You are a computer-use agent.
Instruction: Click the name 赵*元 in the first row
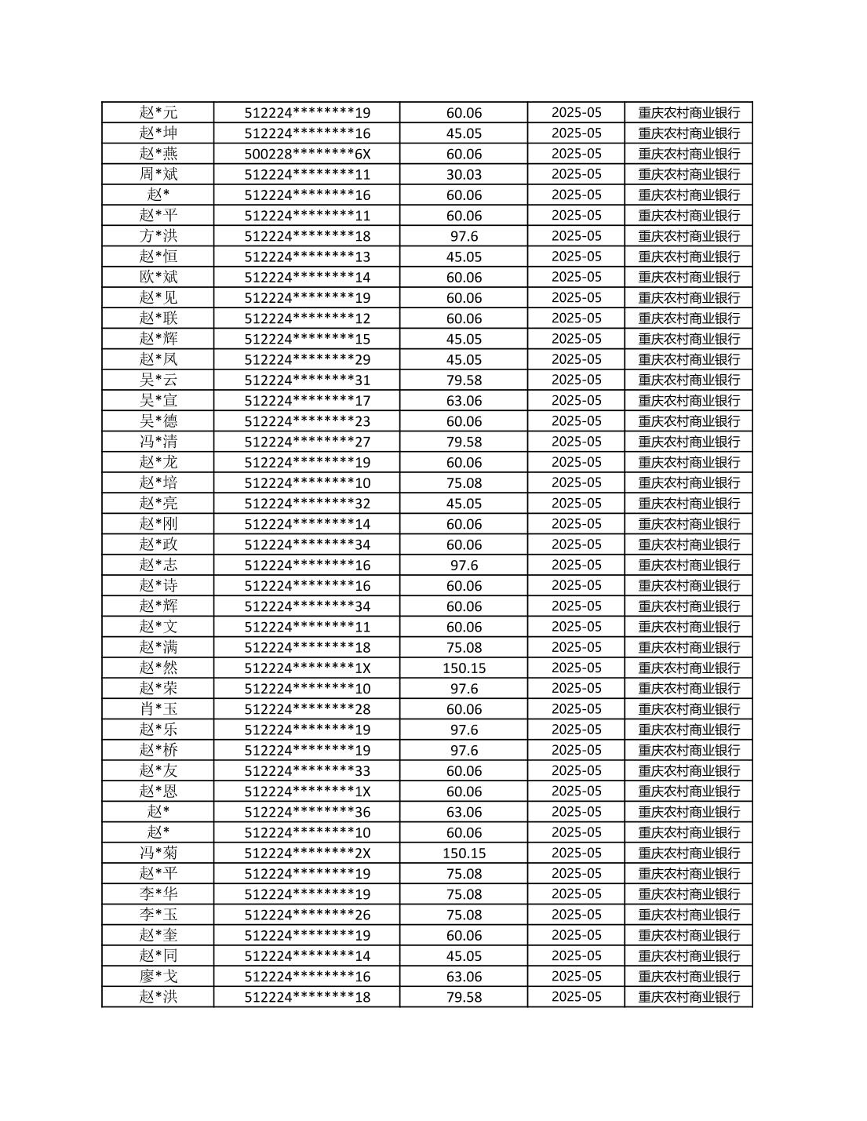(x=158, y=112)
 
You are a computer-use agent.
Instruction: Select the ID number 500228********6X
(x=307, y=154)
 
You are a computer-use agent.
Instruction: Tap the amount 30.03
(x=464, y=174)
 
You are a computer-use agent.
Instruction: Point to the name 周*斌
(x=158, y=174)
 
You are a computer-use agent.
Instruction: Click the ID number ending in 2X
(x=307, y=853)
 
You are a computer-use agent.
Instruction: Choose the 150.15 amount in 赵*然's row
(x=464, y=668)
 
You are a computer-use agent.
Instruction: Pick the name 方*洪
(x=158, y=236)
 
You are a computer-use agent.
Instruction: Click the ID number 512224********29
(x=307, y=359)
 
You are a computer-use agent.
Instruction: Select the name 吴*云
(x=158, y=380)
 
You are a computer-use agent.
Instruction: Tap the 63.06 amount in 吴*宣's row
(x=464, y=401)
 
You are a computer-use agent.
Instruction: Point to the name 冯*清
(x=158, y=442)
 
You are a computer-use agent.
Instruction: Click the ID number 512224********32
(x=307, y=504)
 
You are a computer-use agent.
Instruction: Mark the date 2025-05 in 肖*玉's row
(x=576, y=709)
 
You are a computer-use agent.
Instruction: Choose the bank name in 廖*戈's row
(x=688, y=977)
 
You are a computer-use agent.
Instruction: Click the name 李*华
(x=158, y=894)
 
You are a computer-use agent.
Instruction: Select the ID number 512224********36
(x=307, y=812)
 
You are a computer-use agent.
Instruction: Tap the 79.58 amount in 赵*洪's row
(x=464, y=997)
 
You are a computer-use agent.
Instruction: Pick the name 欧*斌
(x=158, y=277)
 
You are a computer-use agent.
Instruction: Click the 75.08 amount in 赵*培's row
(x=464, y=483)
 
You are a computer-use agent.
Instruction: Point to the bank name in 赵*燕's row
(x=688, y=154)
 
